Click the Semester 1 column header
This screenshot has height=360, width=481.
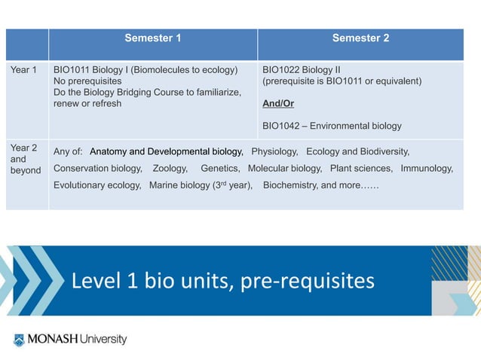(x=152, y=38)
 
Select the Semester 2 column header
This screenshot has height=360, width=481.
(x=360, y=38)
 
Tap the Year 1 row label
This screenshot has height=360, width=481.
(x=23, y=70)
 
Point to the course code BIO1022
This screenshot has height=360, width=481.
(x=279, y=70)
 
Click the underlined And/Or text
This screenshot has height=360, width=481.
(x=278, y=103)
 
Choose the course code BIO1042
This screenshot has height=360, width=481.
(x=279, y=126)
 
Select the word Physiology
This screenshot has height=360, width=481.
(x=274, y=151)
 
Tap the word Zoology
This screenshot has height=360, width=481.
(x=170, y=168)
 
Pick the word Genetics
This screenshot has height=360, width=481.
(x=219, y=168)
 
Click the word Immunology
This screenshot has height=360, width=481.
(x=427, y=168)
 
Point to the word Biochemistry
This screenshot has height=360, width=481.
(x=290, y=185)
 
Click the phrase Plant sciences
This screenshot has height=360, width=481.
(x=361, y=168)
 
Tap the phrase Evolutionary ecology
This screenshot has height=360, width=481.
(x=97, y=185)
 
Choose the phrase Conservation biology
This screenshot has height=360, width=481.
(x=97, y=168)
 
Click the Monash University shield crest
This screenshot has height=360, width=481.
(x=19, y=340)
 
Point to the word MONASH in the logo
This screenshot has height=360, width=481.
(x=52, y=340)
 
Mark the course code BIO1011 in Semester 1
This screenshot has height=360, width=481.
(x=72, y=70)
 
